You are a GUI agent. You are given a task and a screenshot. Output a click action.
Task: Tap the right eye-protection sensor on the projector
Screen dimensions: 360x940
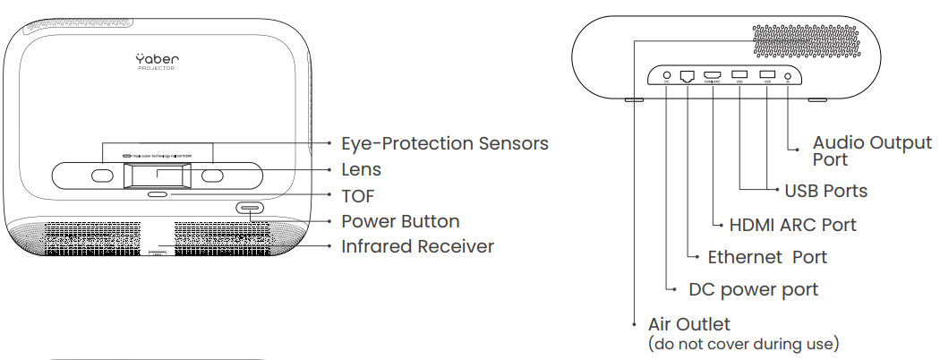211,176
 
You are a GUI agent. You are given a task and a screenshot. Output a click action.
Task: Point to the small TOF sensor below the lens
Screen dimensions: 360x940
157,193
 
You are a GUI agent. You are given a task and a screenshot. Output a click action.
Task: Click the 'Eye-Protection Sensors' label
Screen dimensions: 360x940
445,143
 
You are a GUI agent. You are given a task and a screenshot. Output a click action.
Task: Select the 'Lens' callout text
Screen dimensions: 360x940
362,169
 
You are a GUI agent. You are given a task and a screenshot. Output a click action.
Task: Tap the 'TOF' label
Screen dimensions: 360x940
358,195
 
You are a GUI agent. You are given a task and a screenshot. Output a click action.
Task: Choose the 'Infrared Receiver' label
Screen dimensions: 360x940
417,246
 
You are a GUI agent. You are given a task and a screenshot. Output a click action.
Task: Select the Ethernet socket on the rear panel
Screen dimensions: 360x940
688,77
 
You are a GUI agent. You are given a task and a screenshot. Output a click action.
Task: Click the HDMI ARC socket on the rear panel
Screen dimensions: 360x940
713,76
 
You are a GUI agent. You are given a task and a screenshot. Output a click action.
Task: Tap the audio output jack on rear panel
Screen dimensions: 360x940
788,77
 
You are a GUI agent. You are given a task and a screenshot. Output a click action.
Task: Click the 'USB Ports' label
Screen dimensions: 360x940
825,191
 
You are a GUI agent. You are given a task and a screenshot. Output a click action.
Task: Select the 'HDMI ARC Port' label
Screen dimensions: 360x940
792,225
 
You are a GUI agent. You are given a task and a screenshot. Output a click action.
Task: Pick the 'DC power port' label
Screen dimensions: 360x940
753,289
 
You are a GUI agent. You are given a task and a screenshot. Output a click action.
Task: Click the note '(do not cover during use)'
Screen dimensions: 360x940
743,343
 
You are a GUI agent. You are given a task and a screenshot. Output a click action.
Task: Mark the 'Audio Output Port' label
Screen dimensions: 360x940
871,150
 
